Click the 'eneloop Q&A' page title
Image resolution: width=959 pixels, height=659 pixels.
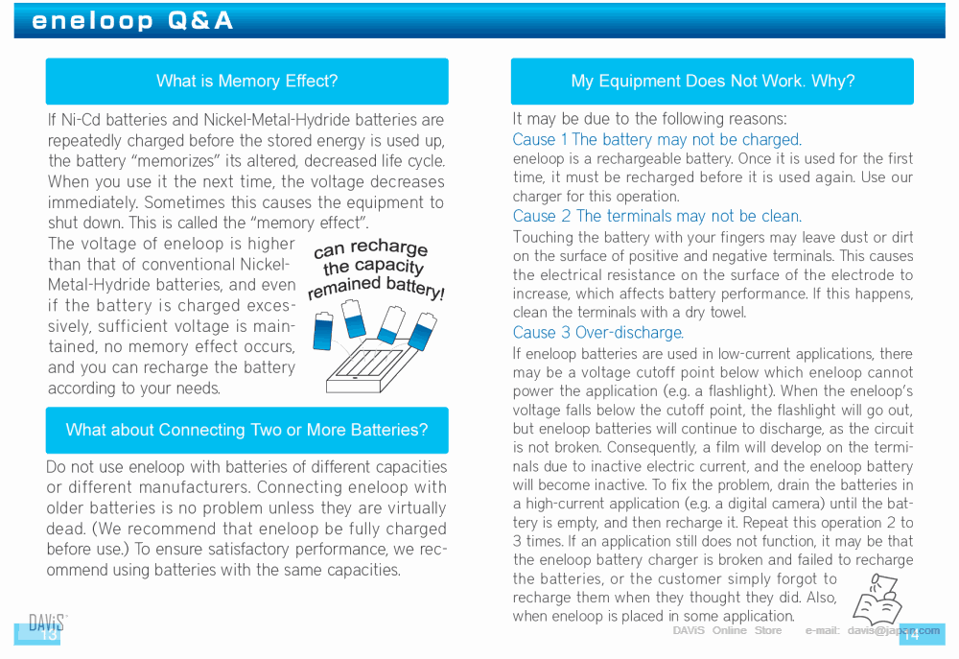pos(132,21)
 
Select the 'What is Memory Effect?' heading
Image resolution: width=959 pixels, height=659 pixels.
pos(246,82)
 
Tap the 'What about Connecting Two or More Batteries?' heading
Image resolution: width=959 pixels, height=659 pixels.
pos(246,430)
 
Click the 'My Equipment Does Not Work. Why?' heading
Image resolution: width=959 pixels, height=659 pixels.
pos(712,82)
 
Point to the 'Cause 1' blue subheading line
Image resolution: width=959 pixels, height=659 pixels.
pos(657,140)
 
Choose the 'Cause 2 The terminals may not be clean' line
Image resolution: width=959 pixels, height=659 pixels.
pos(657,217)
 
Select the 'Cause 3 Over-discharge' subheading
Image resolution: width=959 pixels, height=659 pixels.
pos(597,333)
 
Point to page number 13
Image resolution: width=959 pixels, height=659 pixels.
pos(48,635)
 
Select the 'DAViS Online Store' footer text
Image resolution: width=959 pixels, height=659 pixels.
pos(727,630)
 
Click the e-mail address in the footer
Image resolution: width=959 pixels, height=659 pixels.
pos(893,630)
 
